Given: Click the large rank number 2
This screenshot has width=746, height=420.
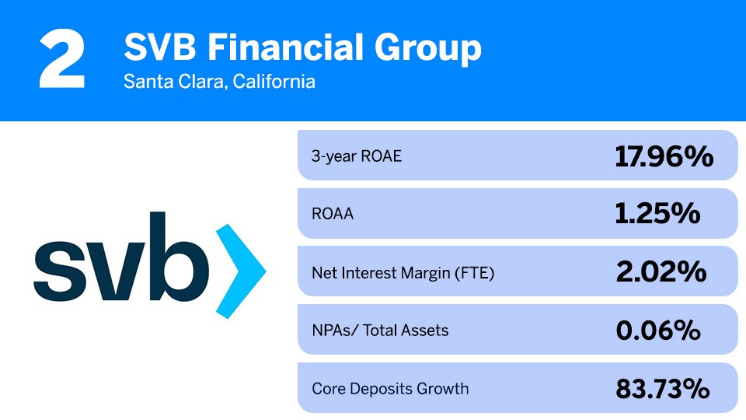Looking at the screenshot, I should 61,60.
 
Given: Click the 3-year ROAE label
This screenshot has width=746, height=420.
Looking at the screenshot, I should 357,156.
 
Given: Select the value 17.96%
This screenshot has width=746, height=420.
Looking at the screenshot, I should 664,156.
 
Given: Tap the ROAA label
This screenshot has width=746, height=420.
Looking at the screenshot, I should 333,214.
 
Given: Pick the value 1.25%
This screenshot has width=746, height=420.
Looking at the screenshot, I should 657,214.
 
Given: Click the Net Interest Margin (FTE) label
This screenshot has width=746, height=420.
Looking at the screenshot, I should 403,272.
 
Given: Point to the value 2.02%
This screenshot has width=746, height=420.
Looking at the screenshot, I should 661,272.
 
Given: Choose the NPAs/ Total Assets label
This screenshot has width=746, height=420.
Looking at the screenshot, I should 380,331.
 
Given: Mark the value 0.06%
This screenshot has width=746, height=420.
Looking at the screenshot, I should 658,331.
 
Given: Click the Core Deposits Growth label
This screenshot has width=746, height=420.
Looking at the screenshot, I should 390,388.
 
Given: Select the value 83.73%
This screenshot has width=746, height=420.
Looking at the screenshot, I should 662,388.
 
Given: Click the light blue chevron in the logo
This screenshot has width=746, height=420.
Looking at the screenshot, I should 239,271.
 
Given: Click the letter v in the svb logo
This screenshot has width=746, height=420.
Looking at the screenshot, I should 117,271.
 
